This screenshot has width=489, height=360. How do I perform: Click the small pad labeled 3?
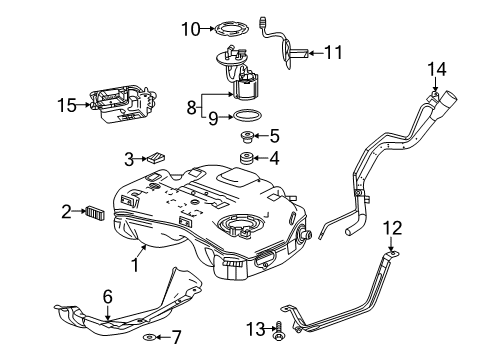click(155, 157)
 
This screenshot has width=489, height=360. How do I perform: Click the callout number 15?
click(67, 103)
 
